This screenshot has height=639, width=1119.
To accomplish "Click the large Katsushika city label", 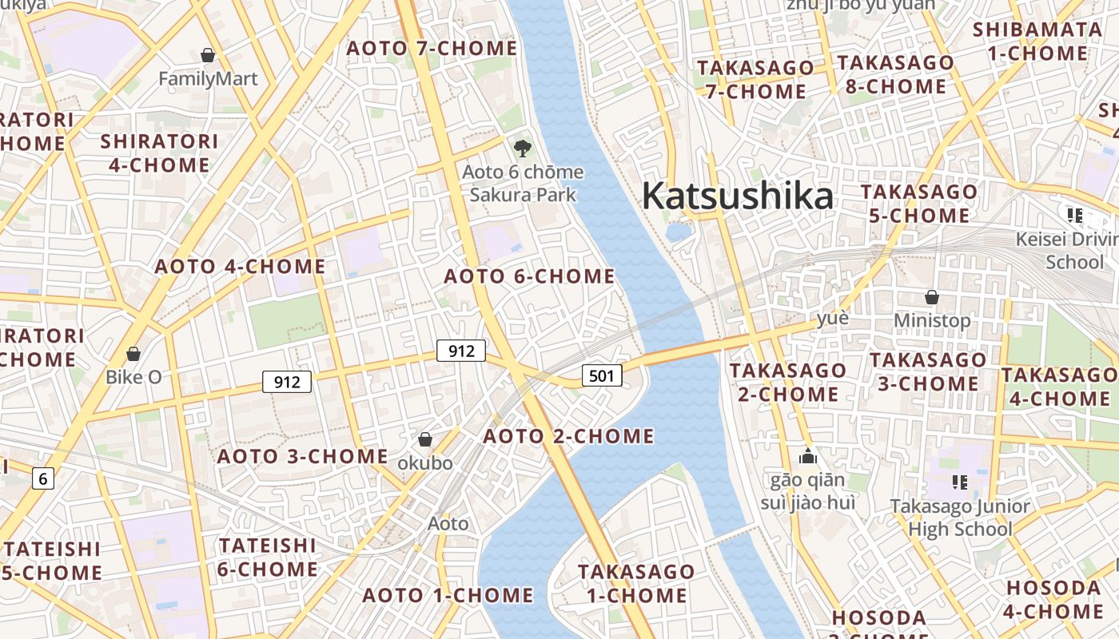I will (737, 196).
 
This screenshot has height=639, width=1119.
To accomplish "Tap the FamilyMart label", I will (208, 78).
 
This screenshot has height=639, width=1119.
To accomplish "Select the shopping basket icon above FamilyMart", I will (208, 54).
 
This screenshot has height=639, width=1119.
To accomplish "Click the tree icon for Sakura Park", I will (523, 148).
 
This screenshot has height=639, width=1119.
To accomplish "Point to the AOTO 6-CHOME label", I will (529, 276).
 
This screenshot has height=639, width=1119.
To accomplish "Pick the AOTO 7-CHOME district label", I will (432, 48).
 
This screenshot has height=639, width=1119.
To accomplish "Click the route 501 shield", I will (601, 375).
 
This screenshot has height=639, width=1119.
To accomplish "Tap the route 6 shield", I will (43, 478).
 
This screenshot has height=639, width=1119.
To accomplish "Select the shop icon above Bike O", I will (133, 353).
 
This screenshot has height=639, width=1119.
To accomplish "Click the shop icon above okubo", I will (425, 439).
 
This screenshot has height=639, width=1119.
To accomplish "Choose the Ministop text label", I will (932, 320).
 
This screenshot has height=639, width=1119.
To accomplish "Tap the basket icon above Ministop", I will (932, 297).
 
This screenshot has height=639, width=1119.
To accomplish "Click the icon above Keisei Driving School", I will (1075, 215).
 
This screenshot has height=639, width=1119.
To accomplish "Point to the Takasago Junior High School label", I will (960, 518).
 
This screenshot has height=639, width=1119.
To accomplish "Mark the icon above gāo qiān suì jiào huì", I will (808, 457).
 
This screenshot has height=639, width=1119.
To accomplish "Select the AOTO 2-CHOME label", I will (568, 436).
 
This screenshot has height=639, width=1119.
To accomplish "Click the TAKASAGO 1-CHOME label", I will (636, 583).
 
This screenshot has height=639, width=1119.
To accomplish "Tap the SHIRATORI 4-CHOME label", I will (159, 153).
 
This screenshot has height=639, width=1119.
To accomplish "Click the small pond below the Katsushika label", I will (679, 232).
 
